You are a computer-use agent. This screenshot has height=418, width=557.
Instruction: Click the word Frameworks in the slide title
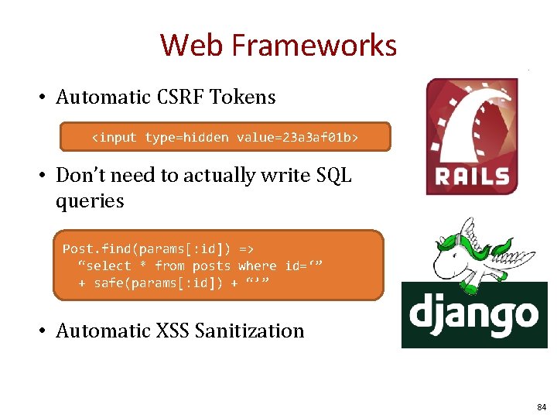tap(314, 46)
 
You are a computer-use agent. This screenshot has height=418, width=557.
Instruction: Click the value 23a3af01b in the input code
tap(318, 138)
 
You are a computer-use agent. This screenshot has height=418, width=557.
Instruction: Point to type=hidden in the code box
tap(186, 138)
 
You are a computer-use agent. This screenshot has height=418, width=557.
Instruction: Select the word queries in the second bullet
tap(90, 201)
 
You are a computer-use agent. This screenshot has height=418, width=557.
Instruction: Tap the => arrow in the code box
tap(246, 248)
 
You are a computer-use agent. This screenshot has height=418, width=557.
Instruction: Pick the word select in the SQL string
tap(107, 266)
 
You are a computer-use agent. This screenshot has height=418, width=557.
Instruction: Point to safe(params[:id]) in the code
tap(155, 283)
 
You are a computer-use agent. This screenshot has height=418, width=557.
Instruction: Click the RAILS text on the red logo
tap(473, 176)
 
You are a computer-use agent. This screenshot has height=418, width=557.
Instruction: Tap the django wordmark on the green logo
tap(473, 314)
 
